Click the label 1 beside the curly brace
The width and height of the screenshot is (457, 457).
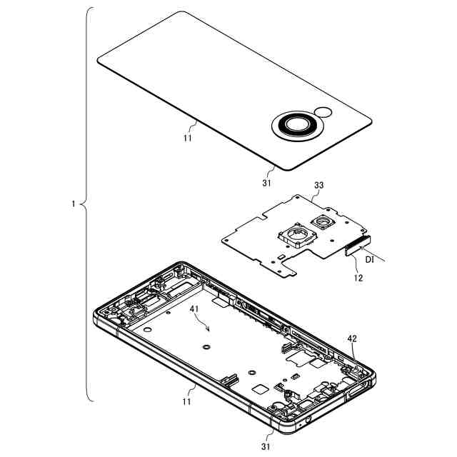(74, 204)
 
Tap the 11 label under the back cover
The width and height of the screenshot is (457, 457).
(188, 138)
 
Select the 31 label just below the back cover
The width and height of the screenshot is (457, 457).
(266, 183)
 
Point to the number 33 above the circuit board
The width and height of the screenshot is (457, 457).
(319, 186)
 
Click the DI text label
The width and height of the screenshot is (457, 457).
(370, 259)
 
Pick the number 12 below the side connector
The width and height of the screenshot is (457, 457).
(358, 278)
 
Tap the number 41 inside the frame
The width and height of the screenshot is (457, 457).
(194, 309)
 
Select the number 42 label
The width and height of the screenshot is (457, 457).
(352, 338)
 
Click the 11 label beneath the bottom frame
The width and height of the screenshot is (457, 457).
(186, 401)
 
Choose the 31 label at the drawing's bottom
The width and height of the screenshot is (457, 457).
(265, 446)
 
